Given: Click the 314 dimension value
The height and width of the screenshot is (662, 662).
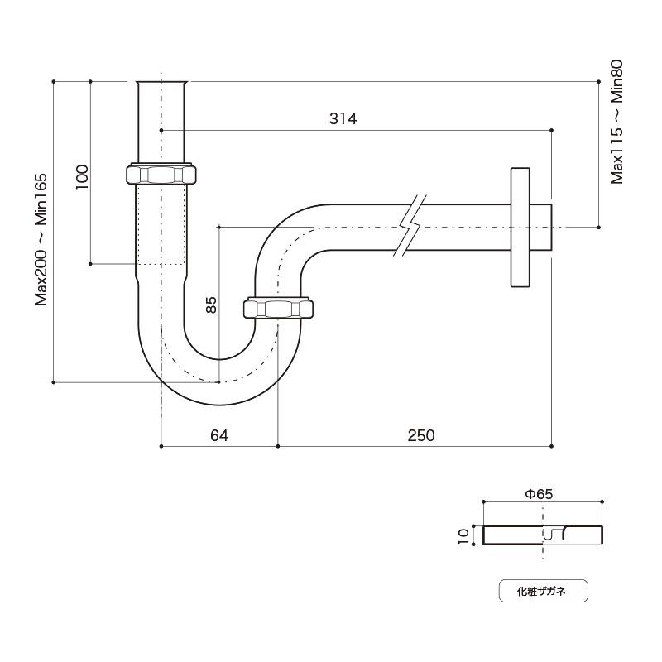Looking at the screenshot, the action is click(343, 118).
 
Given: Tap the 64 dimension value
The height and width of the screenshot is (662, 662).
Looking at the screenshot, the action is click(219, 435).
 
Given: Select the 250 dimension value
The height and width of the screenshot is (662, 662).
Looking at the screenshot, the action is click(421, 435).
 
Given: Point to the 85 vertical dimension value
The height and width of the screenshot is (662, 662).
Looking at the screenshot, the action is click(211, 305).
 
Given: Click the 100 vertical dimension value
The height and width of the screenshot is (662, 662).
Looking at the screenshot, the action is click(82, 177).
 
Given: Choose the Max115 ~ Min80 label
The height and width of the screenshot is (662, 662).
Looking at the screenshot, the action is click(616, 122).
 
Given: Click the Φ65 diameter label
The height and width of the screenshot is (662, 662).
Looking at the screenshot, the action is click(539, 493).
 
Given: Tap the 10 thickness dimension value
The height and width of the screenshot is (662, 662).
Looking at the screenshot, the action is click(463, 536).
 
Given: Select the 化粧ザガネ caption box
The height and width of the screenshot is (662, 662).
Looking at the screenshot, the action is click(543, 591).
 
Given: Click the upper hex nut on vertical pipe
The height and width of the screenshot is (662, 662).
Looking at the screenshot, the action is click(161, 174).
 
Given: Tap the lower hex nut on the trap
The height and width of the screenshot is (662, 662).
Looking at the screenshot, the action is click(278, 308).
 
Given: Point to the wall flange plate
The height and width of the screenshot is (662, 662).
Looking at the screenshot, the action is click(520, 227).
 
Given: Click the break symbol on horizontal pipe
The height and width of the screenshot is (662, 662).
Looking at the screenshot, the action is click(410, 225).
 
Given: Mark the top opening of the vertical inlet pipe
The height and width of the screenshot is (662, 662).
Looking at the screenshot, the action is click(161, 82).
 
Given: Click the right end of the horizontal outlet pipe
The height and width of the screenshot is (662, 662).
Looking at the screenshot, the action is click(551, 227).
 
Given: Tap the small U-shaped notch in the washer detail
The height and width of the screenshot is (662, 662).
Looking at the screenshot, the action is click(548, 534).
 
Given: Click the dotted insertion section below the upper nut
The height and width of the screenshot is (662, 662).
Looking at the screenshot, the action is click(161, 224).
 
